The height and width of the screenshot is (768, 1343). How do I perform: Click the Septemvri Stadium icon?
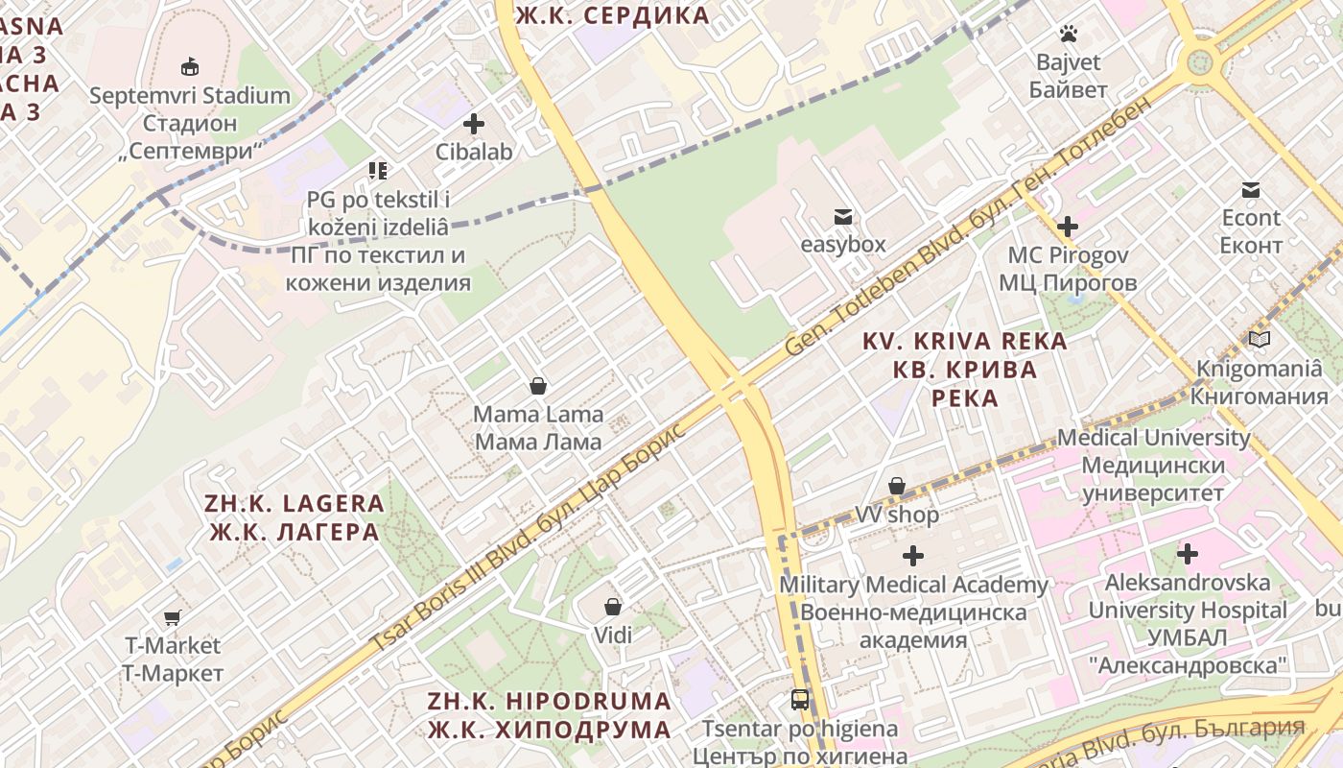pos(190,67)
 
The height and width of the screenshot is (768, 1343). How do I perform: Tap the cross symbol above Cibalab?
pos(474,124)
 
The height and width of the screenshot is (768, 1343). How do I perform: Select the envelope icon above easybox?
pos(843,217)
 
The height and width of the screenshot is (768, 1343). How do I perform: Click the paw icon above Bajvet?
pos(1069,35)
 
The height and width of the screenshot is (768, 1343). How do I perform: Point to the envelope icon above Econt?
pos(1251,190)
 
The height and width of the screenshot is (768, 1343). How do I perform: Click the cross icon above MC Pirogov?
pos(1067,228)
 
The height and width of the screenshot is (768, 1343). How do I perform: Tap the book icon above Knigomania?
pos(1260,340)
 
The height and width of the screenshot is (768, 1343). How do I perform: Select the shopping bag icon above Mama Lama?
pos(538,386)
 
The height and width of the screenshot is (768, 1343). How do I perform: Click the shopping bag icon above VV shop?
pos(897,487)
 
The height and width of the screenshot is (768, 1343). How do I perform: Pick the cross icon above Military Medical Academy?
pos(913,556)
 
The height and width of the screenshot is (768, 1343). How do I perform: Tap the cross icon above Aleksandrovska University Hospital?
pos(1188,554)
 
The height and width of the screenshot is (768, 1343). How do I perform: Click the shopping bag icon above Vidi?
pos(613,607)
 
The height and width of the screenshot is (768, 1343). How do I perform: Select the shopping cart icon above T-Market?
pos(172,617)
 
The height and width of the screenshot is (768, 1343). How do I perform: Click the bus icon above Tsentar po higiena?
pos(800,700)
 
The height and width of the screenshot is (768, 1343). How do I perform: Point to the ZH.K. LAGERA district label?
pos(295,517)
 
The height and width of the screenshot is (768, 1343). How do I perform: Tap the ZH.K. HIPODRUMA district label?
pos(550,715)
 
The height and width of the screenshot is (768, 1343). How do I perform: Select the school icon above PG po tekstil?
pos(378,171)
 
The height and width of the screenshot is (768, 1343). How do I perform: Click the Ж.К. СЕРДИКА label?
pos(612,15)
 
